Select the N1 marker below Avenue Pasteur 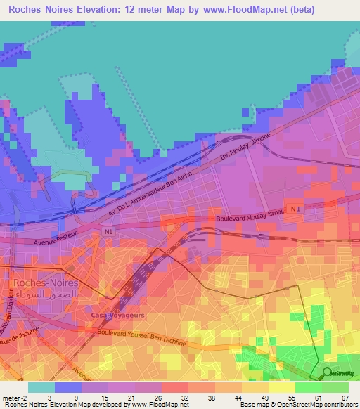107,231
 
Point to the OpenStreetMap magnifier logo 327,373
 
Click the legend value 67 344,398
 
